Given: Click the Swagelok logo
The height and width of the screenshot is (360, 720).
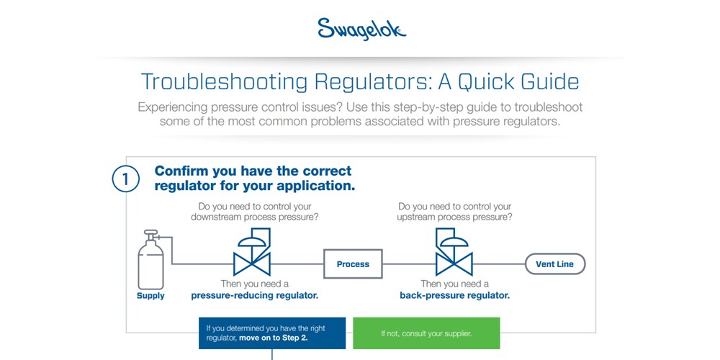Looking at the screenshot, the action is click(x=362, y=30).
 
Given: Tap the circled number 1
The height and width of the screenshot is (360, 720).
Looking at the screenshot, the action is click(x=125, y=179).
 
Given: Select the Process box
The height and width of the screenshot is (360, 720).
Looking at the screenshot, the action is click(x=353, y=264).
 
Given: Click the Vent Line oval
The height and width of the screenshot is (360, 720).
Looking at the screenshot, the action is click(x=555, y=264).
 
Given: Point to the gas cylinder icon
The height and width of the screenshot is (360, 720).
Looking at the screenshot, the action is click(x=150, y=260).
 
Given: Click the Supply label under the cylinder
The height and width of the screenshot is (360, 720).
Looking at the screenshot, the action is click(x=150, y=296).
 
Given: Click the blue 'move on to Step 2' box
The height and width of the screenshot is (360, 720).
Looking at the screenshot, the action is click(x=272, y=333).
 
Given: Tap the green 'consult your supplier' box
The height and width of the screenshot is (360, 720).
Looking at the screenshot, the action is click(x=426, y=333).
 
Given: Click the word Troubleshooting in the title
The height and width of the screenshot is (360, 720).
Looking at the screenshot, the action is click(x=224, y=82).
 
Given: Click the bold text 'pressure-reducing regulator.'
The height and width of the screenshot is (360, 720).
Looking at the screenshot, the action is click(x=255, y=295).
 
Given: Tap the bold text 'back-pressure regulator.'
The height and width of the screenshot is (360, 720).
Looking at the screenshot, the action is click(x=454, y=295).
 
